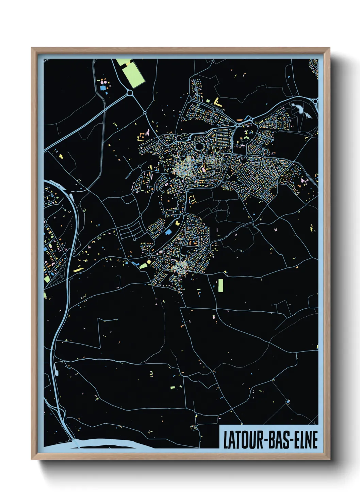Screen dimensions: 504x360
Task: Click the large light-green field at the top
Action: pyautogui.click(x=133, y=75)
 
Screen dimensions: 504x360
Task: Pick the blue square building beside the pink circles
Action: pyautogui.click(x=102, y=88)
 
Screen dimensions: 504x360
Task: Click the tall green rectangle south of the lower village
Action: pyautogui.click(x=220, y=286)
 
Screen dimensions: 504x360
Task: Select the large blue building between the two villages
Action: pyautogui.click(x=168, y=232)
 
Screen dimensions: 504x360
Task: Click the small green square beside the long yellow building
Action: pyautogui.click(x=208, y=101)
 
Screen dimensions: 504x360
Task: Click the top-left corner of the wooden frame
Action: pyautogui.click(x=32, y=49)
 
